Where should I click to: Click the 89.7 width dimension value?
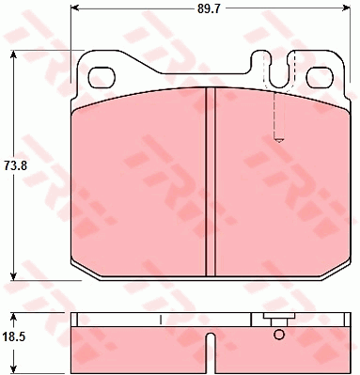pyautogui.click(x=210, y=8)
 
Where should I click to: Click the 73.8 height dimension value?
pyautogui.click(x=15, y=165)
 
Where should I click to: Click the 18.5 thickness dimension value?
pyautogui.click(x=14, y=337)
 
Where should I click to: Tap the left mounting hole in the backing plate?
pyautogui.click(x=102, y=78)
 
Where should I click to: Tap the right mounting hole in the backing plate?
pyautogui.click(x=320, y=78)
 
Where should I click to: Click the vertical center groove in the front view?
pyautogui.click(x=211, y=181)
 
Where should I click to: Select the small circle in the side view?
pyautogui.click(x=279, y=335)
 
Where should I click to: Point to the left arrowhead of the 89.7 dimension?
pyautogui.click(x=74, y=8)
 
